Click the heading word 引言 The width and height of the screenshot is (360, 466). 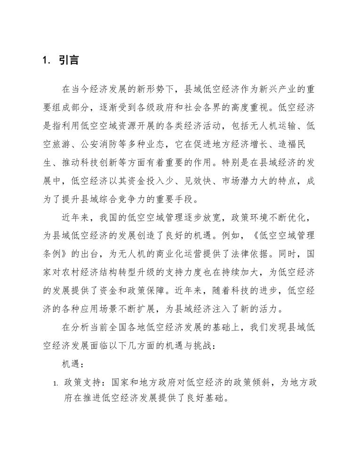point(69,61)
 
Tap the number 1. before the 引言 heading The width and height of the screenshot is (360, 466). point(46,61)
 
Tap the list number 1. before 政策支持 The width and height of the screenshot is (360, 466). point(55,384)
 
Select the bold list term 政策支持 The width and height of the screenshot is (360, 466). point(83,383)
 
